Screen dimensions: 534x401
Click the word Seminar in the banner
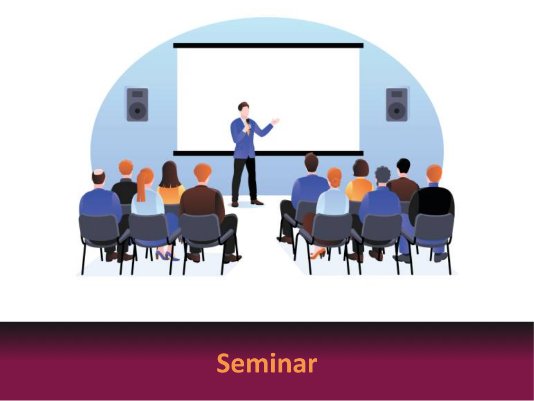[267, 363]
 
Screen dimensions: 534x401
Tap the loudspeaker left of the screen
[137, 105]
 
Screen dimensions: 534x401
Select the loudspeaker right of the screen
[397, 105]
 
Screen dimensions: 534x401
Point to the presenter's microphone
[248, 123]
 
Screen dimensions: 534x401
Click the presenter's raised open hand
[275, 121]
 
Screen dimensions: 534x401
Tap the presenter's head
[244, 110]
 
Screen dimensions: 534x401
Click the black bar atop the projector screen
[269, 45]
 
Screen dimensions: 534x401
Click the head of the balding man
[98, 178]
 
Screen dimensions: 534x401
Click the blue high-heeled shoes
[167, 256]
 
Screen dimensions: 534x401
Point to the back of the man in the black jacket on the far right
[432, 203]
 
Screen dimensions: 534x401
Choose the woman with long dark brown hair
[171, 184]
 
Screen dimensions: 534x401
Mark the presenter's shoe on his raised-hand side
[257, 202]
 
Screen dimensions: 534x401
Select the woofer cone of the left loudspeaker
[137, 111]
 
